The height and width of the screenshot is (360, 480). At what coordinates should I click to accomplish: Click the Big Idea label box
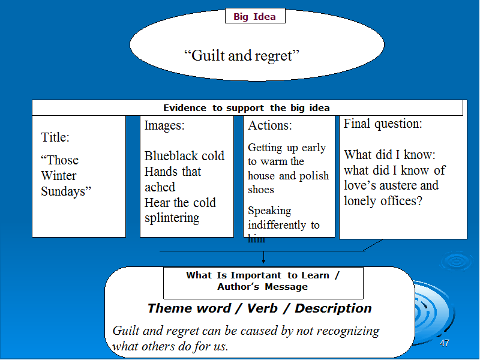255,16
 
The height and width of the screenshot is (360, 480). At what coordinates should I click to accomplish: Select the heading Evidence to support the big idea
247,108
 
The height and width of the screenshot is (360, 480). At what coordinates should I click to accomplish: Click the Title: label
55,137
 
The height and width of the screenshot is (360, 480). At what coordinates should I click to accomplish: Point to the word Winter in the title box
58,176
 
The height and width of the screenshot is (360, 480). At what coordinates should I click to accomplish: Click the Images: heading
164,125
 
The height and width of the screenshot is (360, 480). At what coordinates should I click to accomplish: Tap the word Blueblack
167,156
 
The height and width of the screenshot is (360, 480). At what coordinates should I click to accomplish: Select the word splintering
172,218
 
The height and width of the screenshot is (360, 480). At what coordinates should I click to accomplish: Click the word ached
160,187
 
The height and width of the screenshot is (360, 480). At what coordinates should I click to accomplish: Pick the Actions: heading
270,125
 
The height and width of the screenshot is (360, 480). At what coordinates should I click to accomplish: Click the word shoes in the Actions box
261,190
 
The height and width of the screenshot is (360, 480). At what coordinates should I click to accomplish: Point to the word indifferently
277,225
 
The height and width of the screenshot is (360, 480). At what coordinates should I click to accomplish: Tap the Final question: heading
383,124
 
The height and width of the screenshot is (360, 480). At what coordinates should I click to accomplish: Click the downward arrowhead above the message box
263,261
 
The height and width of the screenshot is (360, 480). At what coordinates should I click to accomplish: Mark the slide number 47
445,343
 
